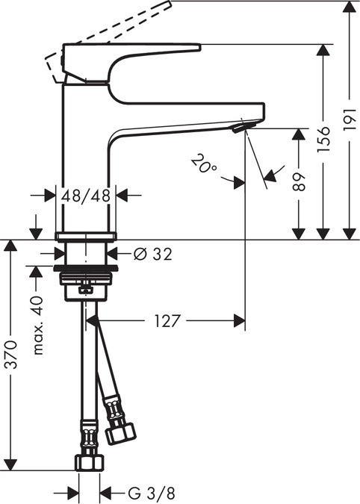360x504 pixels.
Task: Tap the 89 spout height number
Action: [x=299, y=184]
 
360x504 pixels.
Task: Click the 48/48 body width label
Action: [x=87, y=195]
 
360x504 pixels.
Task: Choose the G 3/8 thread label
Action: [x=150, y=493]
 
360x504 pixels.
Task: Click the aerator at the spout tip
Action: [x=238, y=129]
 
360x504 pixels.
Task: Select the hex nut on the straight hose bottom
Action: [x=89, y=461]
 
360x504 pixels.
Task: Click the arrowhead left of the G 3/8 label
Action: [x=73, y=493]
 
